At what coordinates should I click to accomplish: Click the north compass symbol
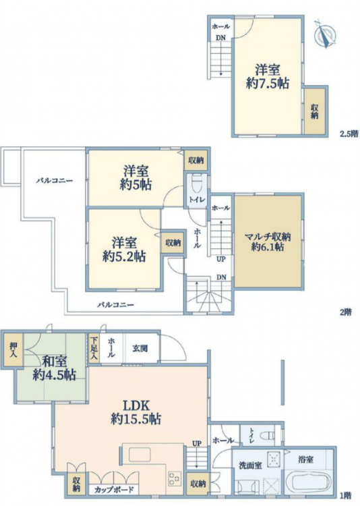click(x=326, y=34)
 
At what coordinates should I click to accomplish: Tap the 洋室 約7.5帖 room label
click(x=268, y=76)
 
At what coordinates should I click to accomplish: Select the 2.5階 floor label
click(x=349, y=134)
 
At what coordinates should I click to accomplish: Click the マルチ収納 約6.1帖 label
click(x=268, y=242)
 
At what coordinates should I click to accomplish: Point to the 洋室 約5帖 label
click(x=136, y=178)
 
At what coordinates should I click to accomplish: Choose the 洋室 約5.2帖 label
click(x=124, y=250)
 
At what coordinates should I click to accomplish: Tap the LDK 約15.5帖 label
click(x=136, y=412)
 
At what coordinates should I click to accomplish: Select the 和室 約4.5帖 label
click(x=54, y=368)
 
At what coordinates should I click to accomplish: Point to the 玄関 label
click(x=140, y=348)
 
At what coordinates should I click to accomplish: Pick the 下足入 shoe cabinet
click(x=94, y=348)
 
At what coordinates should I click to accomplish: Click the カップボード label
click(x=113, y=490)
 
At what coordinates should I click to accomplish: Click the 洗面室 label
click(x=250, y=466)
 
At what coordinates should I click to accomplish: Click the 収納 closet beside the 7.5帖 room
click(x=314, y=111)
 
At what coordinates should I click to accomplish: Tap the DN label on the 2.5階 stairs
click(x=220, y=38)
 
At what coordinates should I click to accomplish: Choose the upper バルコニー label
click(x=54, y=181)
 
